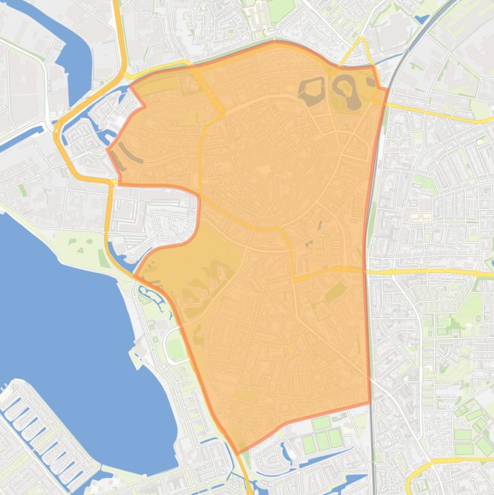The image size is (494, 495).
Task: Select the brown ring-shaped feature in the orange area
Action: click(346, 90)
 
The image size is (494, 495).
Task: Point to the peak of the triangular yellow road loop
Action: click(362, 40)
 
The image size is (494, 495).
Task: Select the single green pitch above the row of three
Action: click(321, 424)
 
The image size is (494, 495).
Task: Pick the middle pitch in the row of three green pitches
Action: click(322, 442)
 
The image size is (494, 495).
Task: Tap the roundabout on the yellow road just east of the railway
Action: click(476, 274)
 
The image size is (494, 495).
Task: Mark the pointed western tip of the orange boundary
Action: click(107, 150)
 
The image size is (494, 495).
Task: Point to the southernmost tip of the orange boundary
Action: click(238, 453)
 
